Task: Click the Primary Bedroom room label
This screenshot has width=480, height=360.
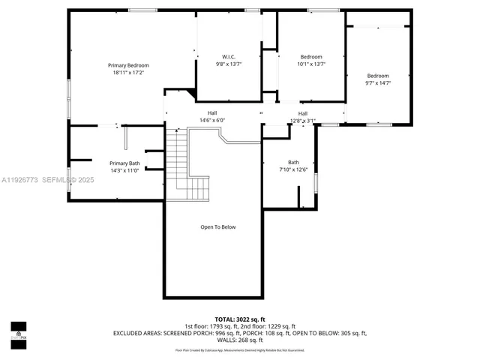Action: point(128,65)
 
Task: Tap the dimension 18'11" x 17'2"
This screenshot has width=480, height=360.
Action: point(128,73)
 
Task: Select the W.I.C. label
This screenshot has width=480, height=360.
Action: point(229,57)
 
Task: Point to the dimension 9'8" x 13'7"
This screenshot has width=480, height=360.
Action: point(229,64)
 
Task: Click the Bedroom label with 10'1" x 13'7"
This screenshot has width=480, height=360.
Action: point(311,57)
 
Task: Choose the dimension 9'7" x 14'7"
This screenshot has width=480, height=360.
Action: point(378,82)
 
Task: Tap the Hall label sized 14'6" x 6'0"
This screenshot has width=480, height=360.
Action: point(212,112)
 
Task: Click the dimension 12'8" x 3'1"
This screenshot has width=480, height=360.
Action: point(303,120)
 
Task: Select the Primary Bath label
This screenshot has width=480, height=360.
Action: point(124,163)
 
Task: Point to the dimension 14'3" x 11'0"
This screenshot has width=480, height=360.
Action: point(124,170)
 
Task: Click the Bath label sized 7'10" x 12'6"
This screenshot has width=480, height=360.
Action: point(293,162)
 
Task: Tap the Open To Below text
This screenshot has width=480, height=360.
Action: point(218,226)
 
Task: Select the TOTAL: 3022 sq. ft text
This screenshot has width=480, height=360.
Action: point(239,319)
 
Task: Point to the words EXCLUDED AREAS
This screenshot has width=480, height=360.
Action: point(138,332)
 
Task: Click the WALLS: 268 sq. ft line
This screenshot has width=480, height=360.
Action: point(240,339)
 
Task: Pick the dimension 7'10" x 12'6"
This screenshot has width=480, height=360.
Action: point(293,169)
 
